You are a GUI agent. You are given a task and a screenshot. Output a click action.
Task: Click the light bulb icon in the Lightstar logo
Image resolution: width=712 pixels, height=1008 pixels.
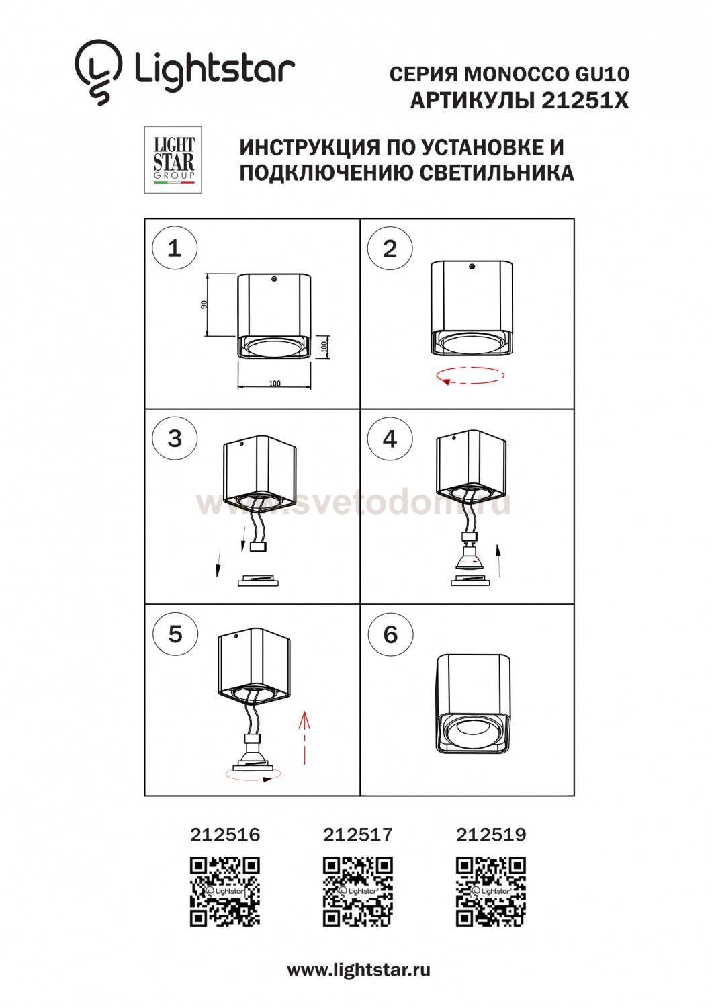click(x=99, y=72)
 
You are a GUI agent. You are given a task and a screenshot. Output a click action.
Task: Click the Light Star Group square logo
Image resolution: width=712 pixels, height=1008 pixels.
click(x=173, y=160)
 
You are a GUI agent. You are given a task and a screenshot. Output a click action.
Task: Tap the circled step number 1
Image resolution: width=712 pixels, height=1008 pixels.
click(x=175, y=249)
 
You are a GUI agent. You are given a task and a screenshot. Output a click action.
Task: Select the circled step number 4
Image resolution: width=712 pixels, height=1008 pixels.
click(x=390, y=438)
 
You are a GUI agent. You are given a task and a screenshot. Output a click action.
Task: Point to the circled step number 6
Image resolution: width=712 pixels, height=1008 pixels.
click(x=390, y=634)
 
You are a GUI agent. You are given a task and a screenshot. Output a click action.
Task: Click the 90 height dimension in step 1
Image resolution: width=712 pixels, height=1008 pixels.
click(x=204, y=304)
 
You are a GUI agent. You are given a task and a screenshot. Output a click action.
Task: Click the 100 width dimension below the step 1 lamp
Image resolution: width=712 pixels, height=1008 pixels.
click(x=274, y=384)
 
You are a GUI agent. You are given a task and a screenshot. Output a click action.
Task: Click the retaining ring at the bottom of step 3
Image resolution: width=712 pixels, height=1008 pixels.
click(x=258, y=581)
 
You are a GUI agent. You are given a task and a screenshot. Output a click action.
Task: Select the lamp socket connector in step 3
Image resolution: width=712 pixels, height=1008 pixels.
click(x=258, y=547)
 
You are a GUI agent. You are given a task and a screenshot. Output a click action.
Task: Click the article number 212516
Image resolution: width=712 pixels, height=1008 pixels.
click(x=225, y=835)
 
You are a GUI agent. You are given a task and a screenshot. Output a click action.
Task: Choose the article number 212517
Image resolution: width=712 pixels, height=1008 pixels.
click(x=357, y=835)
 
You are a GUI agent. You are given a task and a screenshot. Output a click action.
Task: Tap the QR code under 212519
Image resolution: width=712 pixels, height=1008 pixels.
click(x=491, y=892)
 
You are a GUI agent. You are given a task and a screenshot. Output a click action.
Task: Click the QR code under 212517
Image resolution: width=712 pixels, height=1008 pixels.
click(x=357, y=892)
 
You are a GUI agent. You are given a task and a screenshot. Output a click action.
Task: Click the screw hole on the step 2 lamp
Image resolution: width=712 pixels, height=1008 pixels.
click(x=472, y=267)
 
